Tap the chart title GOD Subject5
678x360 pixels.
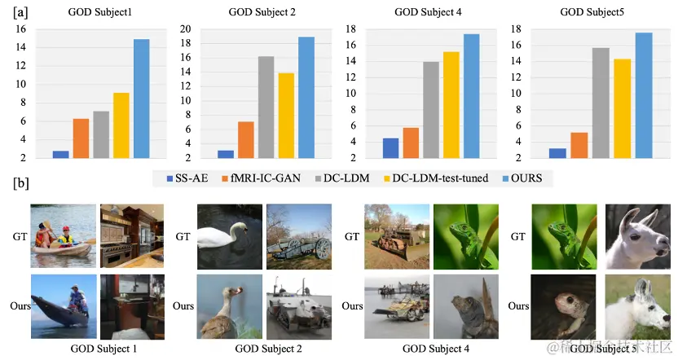[593, 12]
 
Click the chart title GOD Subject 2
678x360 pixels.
[265, 12]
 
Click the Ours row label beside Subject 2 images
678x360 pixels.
[183, 306]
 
